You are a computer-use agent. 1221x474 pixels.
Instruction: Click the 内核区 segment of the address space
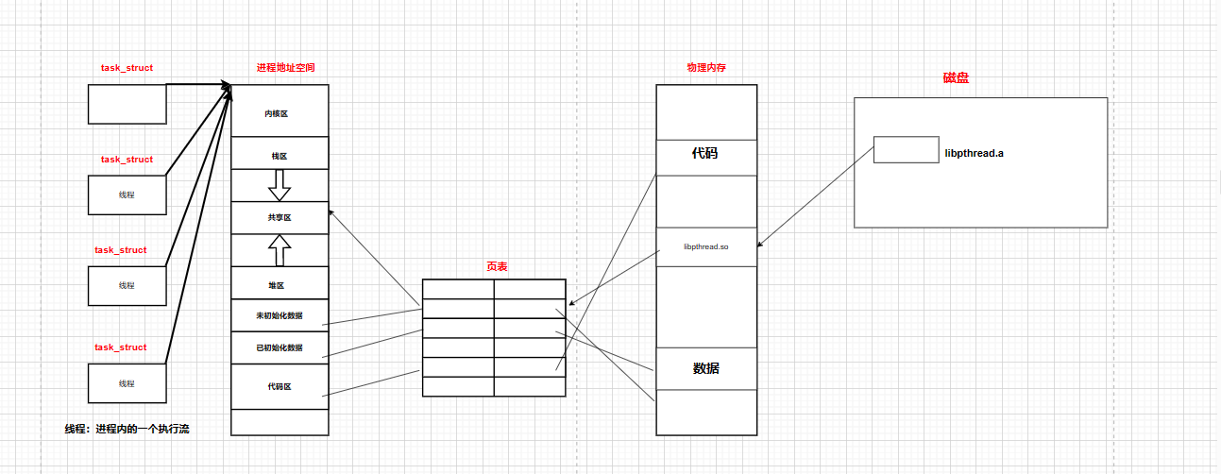279,113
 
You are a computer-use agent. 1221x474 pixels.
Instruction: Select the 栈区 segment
279,154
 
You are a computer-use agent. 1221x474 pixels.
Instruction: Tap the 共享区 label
279,217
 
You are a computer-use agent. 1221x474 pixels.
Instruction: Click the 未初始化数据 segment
279,315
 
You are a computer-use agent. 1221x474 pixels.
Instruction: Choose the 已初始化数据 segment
279,347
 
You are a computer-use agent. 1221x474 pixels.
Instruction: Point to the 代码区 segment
279,386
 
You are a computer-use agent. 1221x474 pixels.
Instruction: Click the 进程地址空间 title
285,68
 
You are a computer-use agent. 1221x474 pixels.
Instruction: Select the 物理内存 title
706,68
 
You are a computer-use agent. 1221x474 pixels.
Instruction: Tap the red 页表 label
496,267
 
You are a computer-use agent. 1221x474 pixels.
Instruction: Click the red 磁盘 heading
956,78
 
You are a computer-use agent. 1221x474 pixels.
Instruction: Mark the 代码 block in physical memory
705,152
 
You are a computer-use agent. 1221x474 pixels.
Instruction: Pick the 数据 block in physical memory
705,368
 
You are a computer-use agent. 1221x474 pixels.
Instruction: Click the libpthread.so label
706,246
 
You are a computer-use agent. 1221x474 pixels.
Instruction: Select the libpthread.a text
974,153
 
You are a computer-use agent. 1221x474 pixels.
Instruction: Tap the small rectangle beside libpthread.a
906,150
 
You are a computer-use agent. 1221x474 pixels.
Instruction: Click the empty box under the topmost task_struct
127,104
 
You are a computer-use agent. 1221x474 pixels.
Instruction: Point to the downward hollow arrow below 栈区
280,185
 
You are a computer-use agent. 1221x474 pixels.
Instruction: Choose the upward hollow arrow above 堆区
280,249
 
